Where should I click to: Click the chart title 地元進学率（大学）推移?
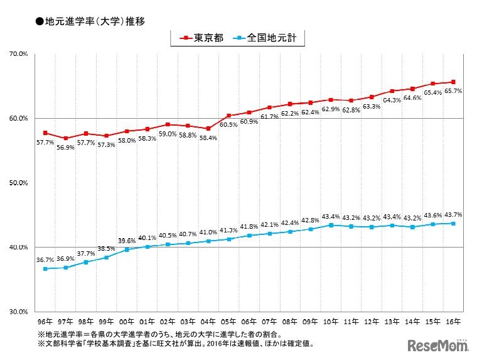tap(91, 21)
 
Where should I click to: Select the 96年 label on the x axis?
tap(45, 320)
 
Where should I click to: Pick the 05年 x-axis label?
tap(228, 320)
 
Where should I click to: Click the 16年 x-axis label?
tap(453, 320)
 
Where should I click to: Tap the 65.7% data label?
tap(453, 91)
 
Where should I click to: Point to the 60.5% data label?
tap(228, 125)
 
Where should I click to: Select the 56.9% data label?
tap(65, 148)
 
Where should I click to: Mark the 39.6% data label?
tap(127, 241)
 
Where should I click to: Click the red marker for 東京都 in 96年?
tap(45, 133)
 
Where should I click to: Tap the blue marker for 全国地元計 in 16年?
tap(453, 223)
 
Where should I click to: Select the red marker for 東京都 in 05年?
tap(228, 116)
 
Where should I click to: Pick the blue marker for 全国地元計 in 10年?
tap(331, 225)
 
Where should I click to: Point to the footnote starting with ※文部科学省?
tap(176, 344)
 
